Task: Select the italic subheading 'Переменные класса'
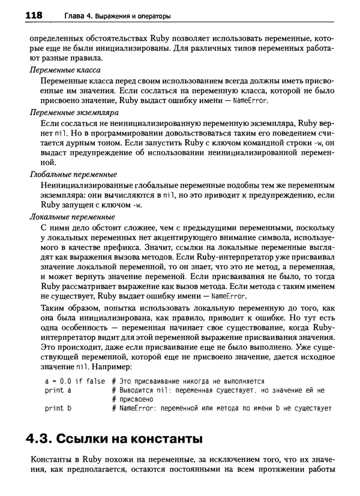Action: [x=63, y=70]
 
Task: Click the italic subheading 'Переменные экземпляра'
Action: [x=71, y=111]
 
